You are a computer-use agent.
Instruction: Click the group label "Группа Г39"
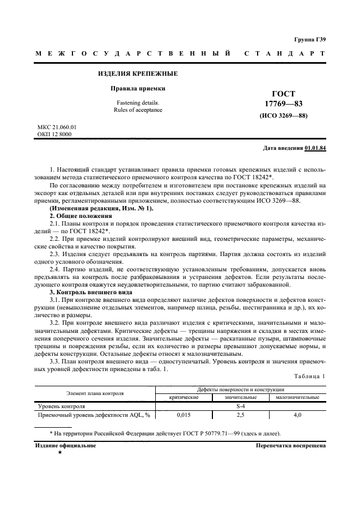point(309,39)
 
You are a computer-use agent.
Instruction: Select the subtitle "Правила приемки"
point(138,88)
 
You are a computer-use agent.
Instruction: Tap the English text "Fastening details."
point(138,102)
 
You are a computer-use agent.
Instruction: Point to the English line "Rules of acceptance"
point(138,110)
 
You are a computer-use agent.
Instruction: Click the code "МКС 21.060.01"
point(57,127)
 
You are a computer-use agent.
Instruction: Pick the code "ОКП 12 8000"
point(54,135)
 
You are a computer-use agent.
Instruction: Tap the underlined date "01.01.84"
point(315,148)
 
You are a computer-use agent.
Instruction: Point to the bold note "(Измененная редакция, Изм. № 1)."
point(102,209)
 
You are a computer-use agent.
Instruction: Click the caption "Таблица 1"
point(308,377)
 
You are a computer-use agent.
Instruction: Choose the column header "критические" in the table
point(184,398)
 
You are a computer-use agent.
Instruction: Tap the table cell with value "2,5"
point(240,415)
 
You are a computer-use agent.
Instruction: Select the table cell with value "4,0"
point(297,415)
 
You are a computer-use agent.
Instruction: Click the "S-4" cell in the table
point(240,406)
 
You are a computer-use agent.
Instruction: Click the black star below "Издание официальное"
point(59,453)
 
